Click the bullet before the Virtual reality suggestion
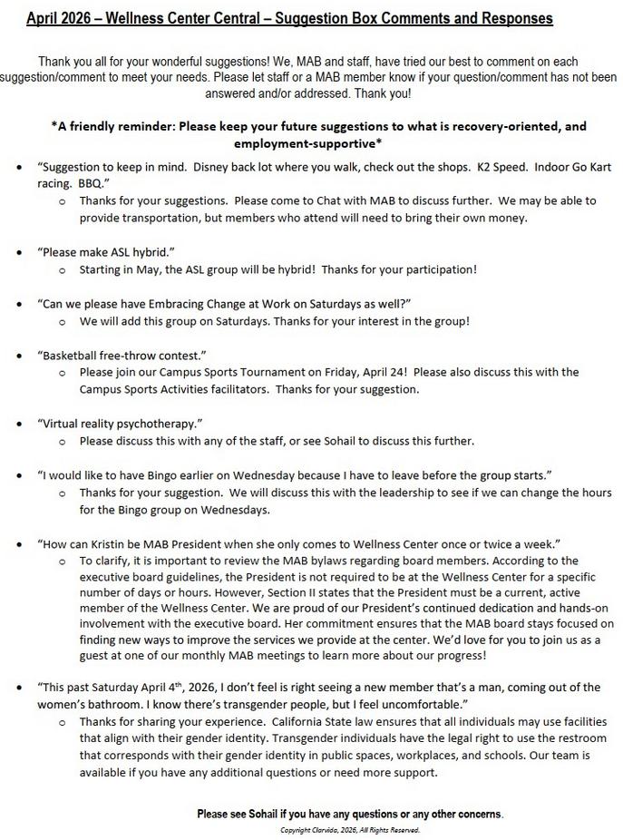[20, 424]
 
